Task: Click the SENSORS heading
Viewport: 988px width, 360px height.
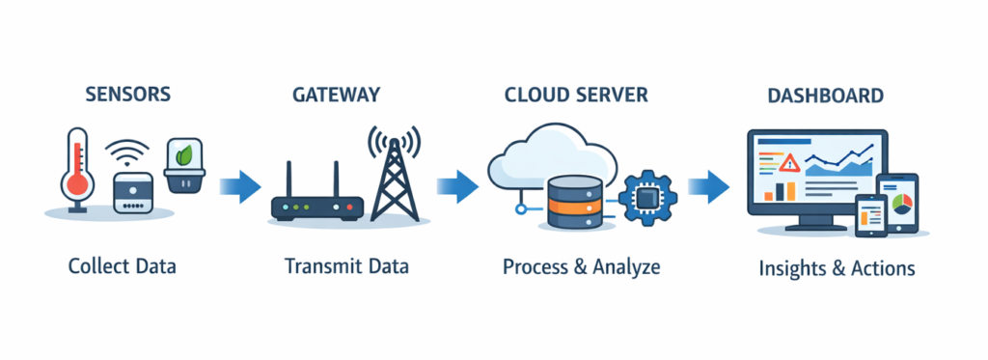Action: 128,95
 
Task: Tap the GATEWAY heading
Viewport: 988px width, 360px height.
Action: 336,95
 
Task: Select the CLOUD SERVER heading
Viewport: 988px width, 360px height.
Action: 576,95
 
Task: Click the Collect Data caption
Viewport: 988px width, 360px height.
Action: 123,266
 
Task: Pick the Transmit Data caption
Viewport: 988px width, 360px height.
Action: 346,266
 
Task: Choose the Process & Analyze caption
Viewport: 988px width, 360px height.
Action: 582,266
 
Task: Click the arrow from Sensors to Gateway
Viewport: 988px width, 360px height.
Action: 241,183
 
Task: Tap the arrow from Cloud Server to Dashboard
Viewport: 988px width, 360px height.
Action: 709,183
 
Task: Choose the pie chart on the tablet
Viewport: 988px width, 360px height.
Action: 903,204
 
